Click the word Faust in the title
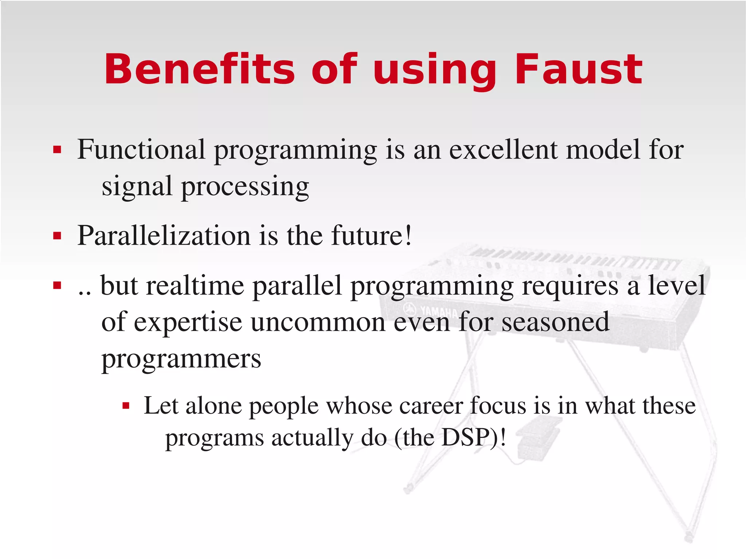[578, 69]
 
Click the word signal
[137, 186]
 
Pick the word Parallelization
[164, 236]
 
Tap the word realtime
[195, 286]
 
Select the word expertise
[188, 322]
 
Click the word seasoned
[555, 322]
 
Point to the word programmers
[181, 359]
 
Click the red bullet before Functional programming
[57, 150]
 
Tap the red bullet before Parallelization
[57, 236]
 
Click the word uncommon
[318, 322]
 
